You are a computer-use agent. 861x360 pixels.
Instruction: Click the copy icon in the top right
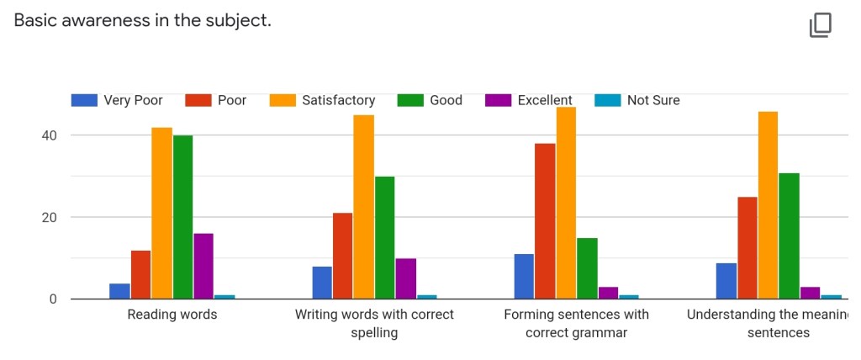(x=820, y=25)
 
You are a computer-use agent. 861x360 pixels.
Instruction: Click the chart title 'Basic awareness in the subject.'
(x=143, y=20)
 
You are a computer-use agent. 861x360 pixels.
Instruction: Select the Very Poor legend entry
(x=117, y=100)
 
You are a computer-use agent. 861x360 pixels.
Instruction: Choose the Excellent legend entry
(x=529, y=100)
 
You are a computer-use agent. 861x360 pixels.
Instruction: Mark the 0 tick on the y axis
(x=52, y=299)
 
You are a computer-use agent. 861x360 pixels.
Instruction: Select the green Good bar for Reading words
(x=182, y=217)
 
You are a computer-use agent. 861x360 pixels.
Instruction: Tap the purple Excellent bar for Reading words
(x=203, y=266)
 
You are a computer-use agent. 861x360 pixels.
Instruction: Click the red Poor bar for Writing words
(x=343, y=256)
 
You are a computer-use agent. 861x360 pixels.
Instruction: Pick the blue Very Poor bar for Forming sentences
(x=524, y=276)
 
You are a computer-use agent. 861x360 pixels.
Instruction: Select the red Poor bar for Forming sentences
(x=545, y=221)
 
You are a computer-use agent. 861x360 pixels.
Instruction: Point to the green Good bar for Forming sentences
(x=587, y=268)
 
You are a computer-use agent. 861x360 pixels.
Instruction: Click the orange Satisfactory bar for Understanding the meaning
(x=768, y=205)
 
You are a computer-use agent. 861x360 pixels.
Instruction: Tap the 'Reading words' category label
(x=172, y=315)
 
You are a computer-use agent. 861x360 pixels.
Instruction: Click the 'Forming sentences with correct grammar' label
(x=577, y=323)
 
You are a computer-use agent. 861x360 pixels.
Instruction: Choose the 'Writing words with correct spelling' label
(x=374, y=323)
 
